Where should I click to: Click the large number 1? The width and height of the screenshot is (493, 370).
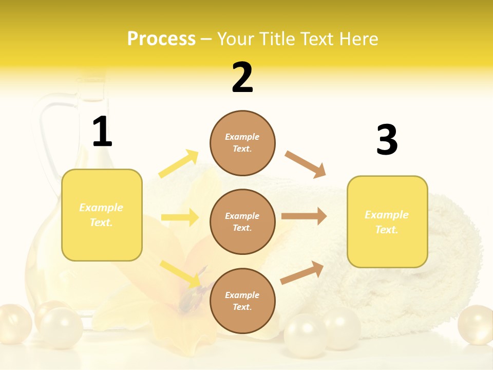[102, 132]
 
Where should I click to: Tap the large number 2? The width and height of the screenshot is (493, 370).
[242, 78]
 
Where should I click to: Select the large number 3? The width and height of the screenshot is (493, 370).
[387, 140]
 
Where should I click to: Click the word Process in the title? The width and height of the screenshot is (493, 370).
[161, 39]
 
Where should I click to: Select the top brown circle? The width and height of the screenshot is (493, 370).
[242, 143]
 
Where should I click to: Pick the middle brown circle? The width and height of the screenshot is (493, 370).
[242, 221]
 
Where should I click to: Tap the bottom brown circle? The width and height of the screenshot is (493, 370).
[242, 301]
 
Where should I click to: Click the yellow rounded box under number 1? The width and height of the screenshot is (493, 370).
[102, 215]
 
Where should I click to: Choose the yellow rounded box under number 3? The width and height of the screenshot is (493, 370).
[387, 221]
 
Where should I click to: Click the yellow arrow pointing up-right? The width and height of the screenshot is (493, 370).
[179, 164]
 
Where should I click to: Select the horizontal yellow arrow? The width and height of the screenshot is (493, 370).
[180, 217]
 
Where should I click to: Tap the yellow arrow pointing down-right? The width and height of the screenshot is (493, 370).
[180, 274]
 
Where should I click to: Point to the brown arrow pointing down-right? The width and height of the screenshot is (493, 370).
[306, 164]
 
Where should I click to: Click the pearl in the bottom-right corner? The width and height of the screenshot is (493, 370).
[476, 325]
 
